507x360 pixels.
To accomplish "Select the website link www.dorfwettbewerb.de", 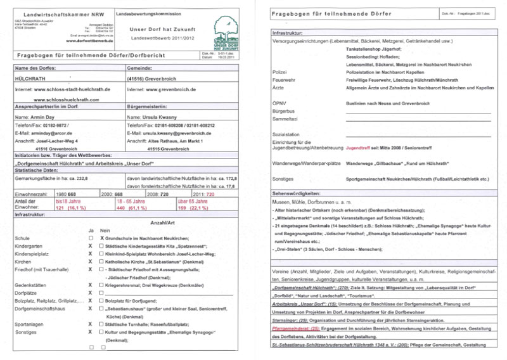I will point(90,41).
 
